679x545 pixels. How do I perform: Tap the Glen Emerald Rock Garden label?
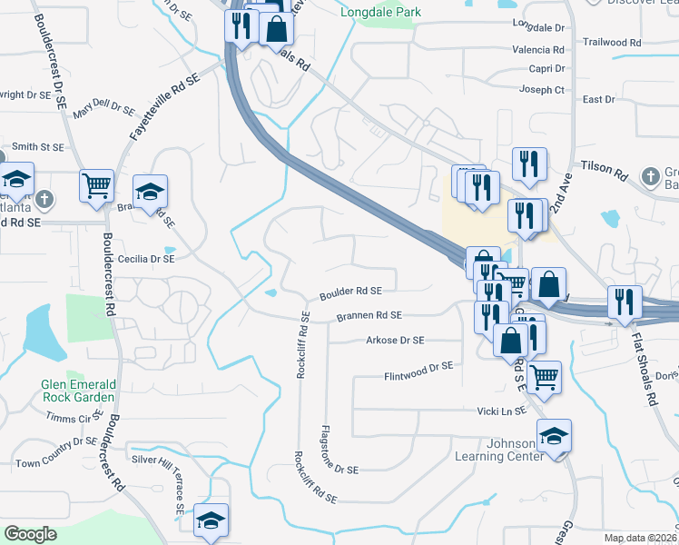[78, 390]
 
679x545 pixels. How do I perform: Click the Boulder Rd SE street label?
[349, 292]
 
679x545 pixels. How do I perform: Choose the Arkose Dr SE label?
[394, 341]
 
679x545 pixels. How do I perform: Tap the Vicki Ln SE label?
[502, 411]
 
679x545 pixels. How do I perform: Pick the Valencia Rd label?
[538, 49]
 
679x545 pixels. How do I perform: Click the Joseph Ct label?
[542, 90]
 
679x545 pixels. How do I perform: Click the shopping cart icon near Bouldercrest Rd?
[96, 186]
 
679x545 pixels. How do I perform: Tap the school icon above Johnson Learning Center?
[554, 436]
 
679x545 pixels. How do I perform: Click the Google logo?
[31, 534]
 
